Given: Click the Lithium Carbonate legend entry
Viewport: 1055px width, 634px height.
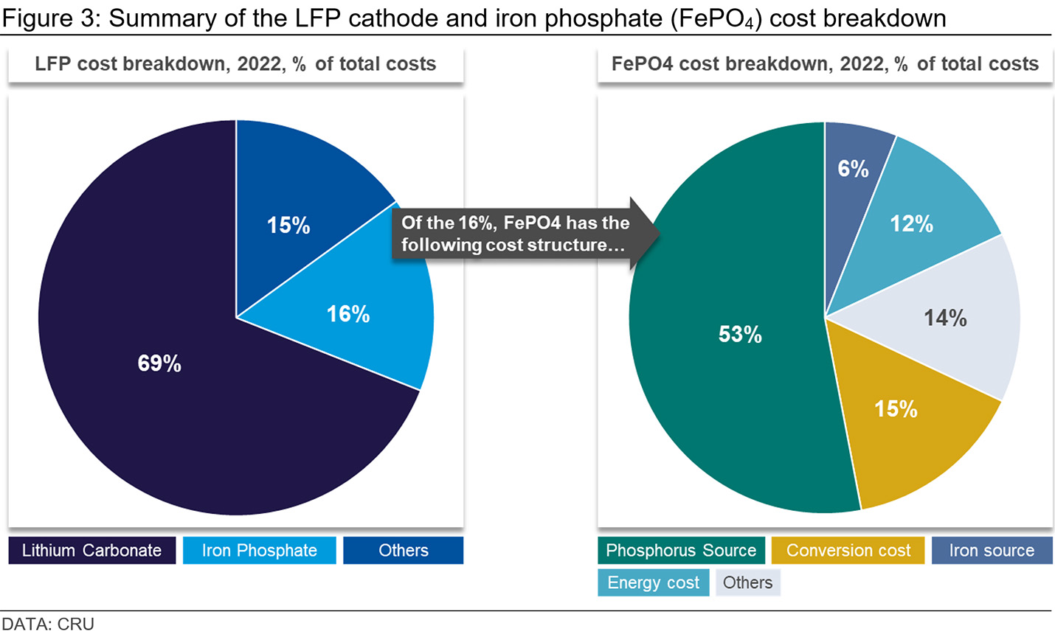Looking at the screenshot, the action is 91,550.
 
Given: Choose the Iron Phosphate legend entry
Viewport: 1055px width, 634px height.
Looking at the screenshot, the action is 260,550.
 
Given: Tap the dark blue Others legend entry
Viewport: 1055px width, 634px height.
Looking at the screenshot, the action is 403,550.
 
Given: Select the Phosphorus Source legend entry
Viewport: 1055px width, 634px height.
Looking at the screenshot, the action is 682,550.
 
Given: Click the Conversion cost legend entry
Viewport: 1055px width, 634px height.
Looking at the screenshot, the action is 848,550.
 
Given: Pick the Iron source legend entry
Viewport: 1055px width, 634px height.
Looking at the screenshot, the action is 992,550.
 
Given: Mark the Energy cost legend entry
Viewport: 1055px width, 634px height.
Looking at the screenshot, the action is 653,582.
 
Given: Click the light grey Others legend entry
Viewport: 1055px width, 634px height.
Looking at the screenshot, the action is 748,582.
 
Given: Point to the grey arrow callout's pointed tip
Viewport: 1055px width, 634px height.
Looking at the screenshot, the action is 660,234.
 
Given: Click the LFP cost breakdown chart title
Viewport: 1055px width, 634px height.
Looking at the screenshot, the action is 235,63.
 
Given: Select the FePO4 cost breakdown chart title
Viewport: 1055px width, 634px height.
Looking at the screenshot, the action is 825,63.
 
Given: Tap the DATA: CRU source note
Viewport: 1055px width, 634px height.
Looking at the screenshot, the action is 48,624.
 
